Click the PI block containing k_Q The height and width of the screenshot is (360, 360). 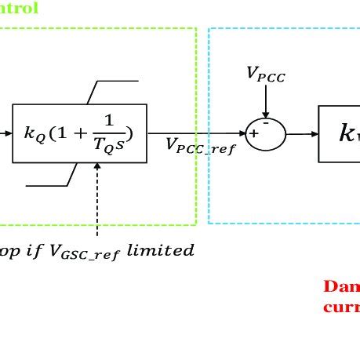79,133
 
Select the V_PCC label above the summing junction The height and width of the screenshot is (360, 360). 265,74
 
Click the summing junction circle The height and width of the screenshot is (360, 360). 266,133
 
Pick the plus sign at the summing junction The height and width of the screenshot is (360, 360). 254,135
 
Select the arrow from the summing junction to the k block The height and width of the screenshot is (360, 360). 302,133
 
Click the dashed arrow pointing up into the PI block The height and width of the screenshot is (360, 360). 98,196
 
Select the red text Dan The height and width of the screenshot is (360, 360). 342,286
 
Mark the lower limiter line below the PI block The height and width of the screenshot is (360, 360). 47,186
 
